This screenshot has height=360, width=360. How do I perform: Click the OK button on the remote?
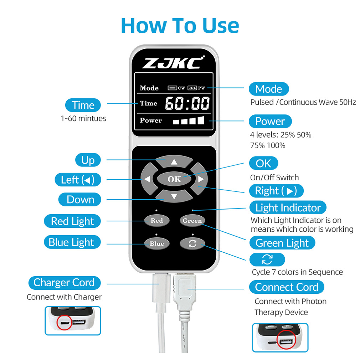pyautogui.click(x=174, y=179)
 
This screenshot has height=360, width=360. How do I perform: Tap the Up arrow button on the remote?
pyautogui.click(x=174, y=161)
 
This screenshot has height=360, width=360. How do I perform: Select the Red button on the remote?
pyautogui.click(x=156, y=221)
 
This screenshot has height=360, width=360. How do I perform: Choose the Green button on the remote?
pyautogui.click(x=192, y=221)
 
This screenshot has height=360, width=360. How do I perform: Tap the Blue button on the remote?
pyautogui.click(x=156, y=244)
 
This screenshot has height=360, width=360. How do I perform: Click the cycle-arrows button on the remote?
pyautogui.click(x=192, y=244)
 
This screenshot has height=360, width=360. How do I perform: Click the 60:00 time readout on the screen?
pyautogui.click(x=187, y=103)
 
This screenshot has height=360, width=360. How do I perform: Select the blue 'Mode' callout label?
pyautogui.click(x=268, y=89)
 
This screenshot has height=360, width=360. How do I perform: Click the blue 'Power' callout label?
pyautogui.click(x=270, y=121)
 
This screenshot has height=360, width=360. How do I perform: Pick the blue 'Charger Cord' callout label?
pyautogui.click(x=64, y=283)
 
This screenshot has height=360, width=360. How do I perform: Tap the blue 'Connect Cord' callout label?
pyautogui.click(x=286, y=287)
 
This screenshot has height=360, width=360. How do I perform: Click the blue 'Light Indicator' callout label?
pyautogui.click(x=288, y=207)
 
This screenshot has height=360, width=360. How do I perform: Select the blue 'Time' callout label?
pyautogui.click(x=83, y=105)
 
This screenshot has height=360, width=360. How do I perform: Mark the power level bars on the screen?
pyautogui.click(x=189, y=120)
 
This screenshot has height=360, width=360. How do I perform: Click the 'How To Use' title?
pyautogui.click(x=180, y=25)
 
